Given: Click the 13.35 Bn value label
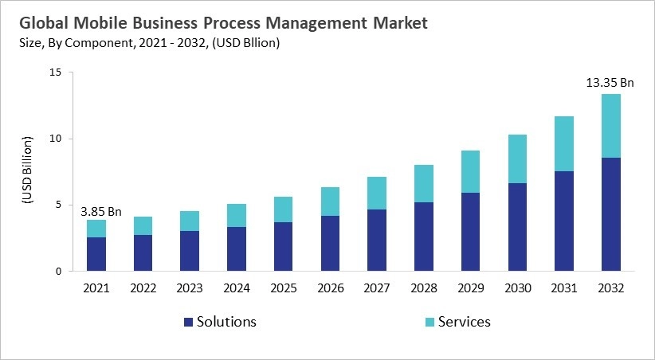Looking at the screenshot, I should coord(610,82).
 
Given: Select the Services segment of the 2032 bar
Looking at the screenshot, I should coord(610,126).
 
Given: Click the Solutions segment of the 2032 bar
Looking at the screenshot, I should coord(610,214).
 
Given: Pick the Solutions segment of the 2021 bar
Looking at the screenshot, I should coord(96,254).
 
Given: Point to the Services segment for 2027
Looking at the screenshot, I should coord(377,193).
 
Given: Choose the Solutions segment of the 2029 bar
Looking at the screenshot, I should coord(470,232).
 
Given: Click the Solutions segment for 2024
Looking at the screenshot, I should coord(237,248).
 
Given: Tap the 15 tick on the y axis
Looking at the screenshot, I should coord(55,72).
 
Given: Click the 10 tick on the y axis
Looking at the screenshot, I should coord(55,139).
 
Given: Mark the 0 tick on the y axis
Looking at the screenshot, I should coord(58,272).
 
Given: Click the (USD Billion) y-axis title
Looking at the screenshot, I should coord(26,172).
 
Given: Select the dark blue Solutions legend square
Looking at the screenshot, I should coord(188,323).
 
